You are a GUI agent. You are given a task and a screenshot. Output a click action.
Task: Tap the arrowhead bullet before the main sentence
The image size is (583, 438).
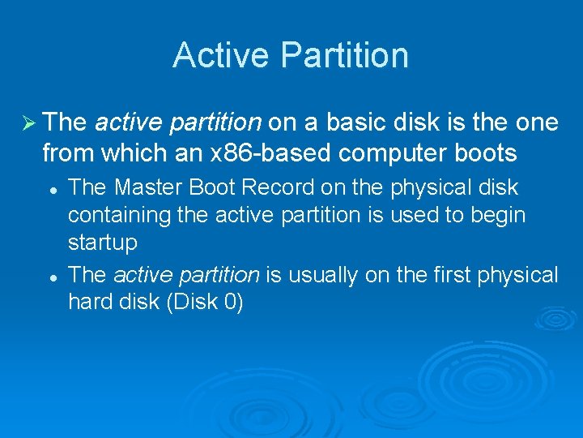click(27, 123)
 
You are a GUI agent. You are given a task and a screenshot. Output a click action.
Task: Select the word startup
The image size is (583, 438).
click(102, 243)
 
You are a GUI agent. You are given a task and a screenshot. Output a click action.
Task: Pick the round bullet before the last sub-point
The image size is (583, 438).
click(51, 277)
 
